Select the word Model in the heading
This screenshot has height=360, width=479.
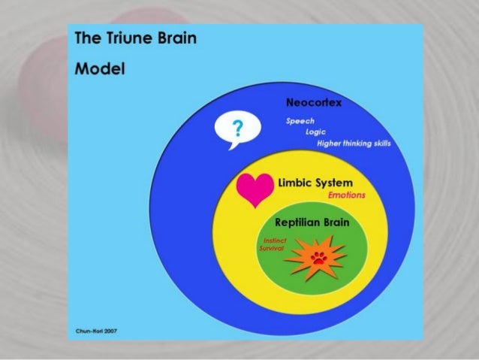click(x=99, y=69)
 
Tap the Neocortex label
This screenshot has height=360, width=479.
click(x=313, y=102)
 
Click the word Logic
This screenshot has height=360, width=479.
click(x=314, y=132)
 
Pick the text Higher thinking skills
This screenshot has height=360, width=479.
click(x=354, y=144)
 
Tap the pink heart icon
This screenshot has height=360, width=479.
click(x=253, y=189)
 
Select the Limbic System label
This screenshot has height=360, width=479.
click(x=315, y=183)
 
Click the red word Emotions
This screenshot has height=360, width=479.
click(x=347, y=195)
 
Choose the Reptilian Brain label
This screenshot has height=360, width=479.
click(x=312, y=223)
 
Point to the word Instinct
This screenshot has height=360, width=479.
click(x=272, y=240)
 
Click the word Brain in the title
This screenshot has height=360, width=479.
click(x=176, y=38)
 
